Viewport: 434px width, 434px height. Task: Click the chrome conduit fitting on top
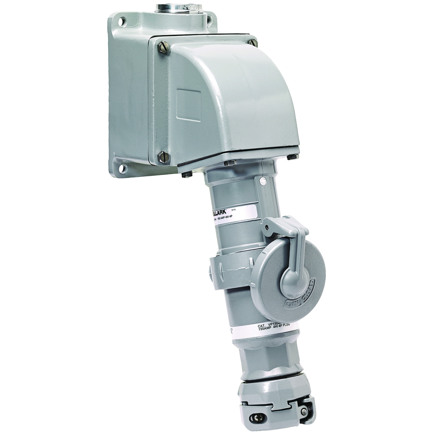coord(178,8)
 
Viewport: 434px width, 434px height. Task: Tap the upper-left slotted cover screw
coord(163,47)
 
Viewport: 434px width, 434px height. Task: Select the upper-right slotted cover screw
coord(253,43)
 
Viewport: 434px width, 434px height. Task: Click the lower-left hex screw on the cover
coord(163,157)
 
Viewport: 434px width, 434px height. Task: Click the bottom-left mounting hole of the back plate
coord(122,168)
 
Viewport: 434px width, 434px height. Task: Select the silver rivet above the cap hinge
coord(263,181)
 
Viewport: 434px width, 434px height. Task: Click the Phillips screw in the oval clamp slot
coord(259,418)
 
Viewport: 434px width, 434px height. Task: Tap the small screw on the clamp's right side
coord(304,411)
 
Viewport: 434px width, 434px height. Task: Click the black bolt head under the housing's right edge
coord(292,157)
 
